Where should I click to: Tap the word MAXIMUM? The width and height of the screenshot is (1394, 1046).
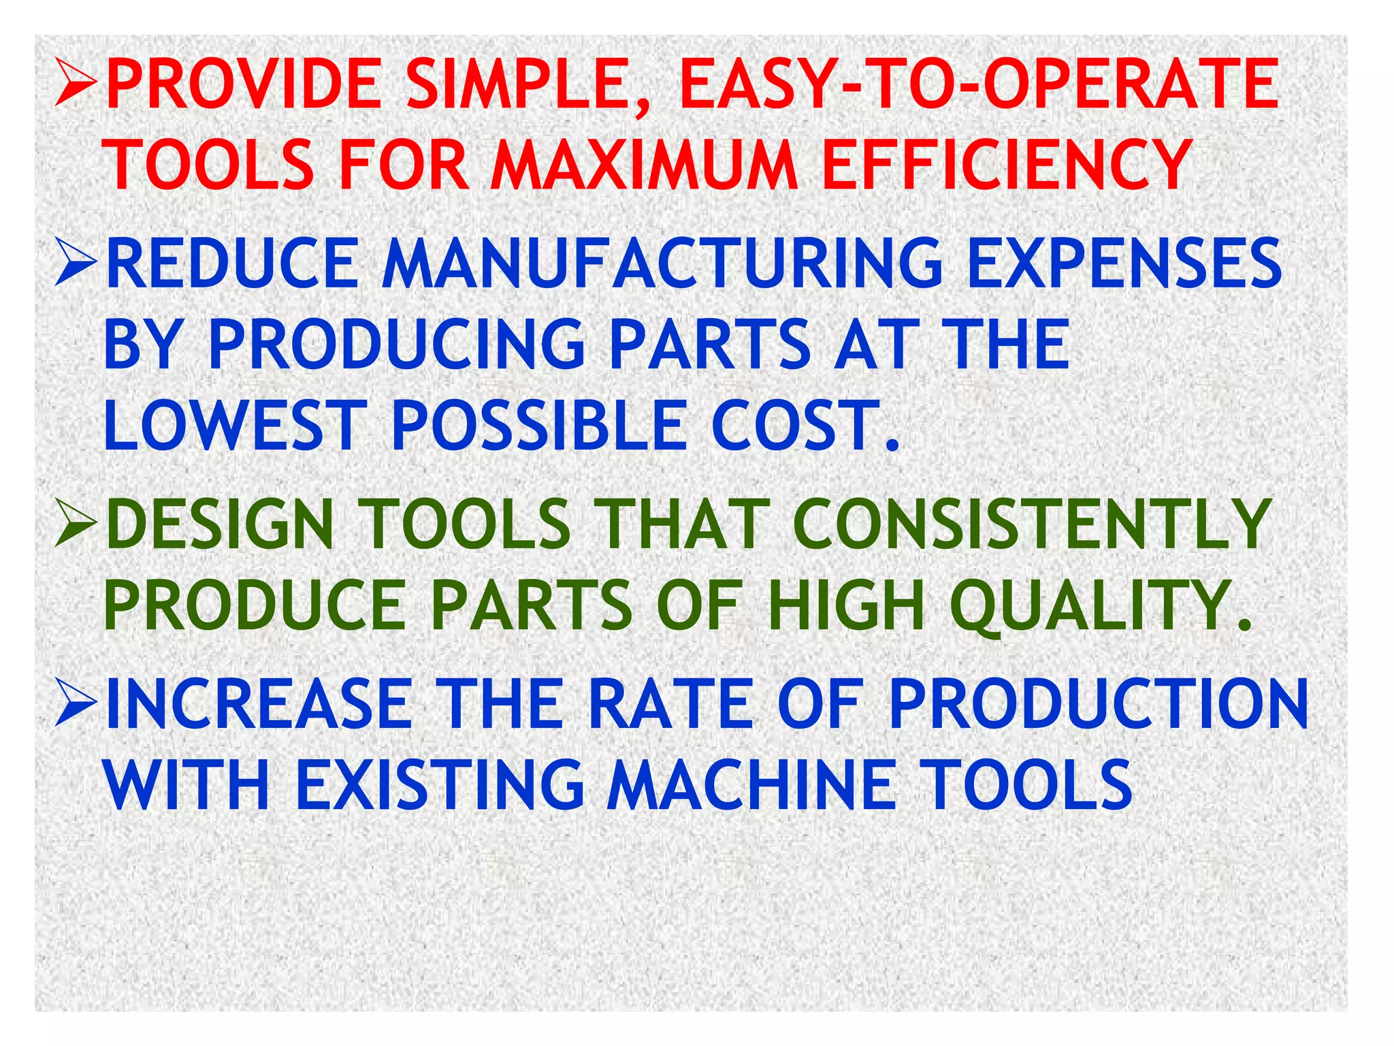click(x=645, y=165)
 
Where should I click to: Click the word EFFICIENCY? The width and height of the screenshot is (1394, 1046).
click(x=1007, y=165)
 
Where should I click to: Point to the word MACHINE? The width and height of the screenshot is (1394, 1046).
click(x=751, y=785)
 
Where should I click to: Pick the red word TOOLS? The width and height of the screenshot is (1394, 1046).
click(x=209, y=165)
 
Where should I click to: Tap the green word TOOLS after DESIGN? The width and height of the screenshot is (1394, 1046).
click(x=468, y=524)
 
